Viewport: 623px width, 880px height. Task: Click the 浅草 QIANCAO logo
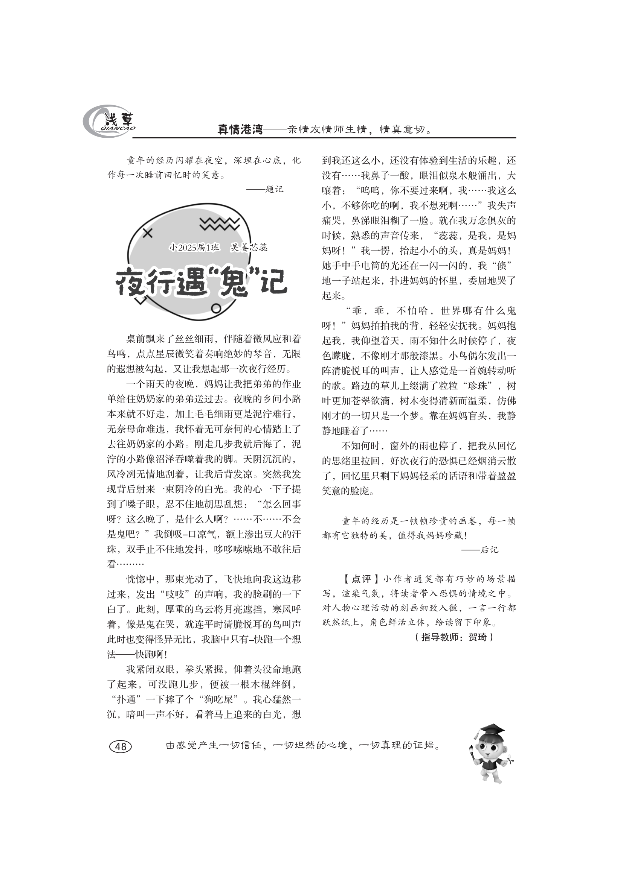click(109, 122)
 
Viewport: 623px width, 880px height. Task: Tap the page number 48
click(121, 746)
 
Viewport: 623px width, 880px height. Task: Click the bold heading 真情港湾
click(240, 129)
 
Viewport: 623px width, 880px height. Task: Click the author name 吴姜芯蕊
click(249, 248)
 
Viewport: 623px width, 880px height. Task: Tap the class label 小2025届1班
click(194, 248)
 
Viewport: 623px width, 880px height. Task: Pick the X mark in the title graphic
click(148, 233)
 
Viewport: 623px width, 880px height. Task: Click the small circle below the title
click(216, 308)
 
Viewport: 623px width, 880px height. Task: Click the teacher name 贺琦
click(478, 637)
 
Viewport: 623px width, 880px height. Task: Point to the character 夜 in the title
click(131, 283)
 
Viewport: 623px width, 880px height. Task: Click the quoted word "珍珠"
click(477, 386)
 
